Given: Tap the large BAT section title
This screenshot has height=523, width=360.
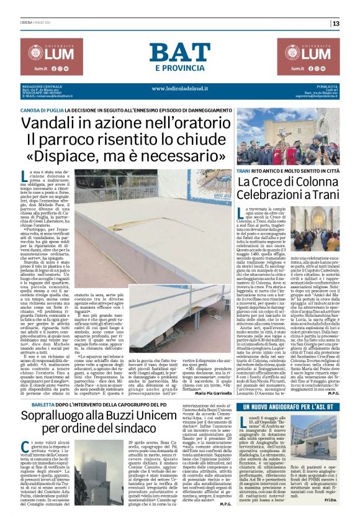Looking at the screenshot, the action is (x=179, y=53).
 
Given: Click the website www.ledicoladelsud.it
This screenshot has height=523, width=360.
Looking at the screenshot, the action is (x=180, y=88).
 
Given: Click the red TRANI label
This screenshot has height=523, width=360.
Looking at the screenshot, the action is (x=243, y=152).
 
